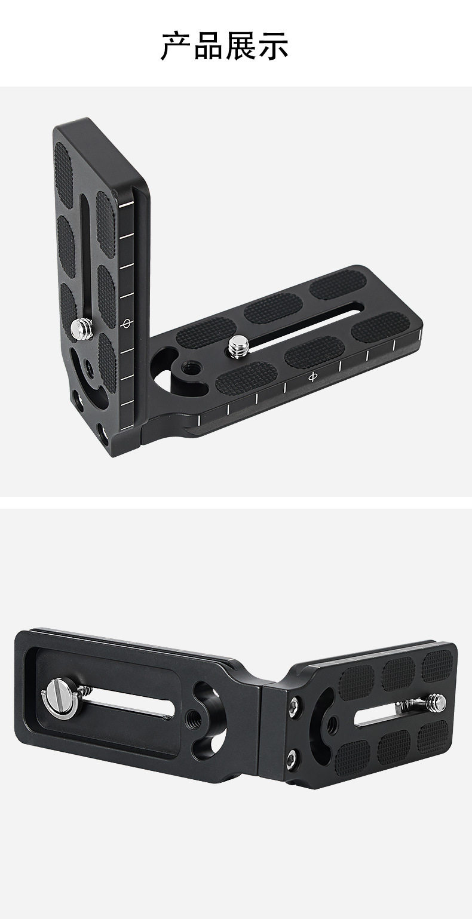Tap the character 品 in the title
208,46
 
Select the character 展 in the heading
240,46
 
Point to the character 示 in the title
272,46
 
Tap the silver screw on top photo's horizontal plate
238,345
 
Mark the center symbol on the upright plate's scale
126,324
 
